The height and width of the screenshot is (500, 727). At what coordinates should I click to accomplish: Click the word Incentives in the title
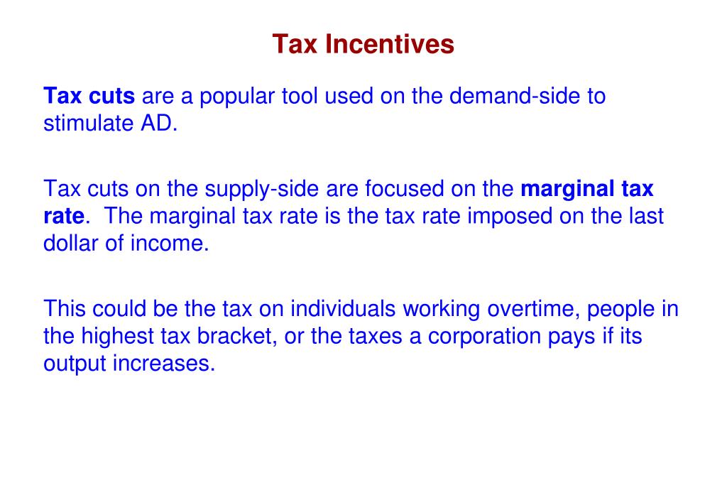click(390, 44)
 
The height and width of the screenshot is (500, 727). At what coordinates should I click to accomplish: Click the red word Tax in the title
click(295, 44)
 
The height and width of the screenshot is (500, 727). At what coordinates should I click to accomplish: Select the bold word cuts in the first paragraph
click(111, 96)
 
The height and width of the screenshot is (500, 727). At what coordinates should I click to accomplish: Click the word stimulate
click(88, 124)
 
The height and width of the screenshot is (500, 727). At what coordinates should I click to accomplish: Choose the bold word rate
click(64, 217)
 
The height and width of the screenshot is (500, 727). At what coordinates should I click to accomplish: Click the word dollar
click(70, 243)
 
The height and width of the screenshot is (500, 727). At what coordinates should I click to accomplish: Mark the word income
click(169, 243)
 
